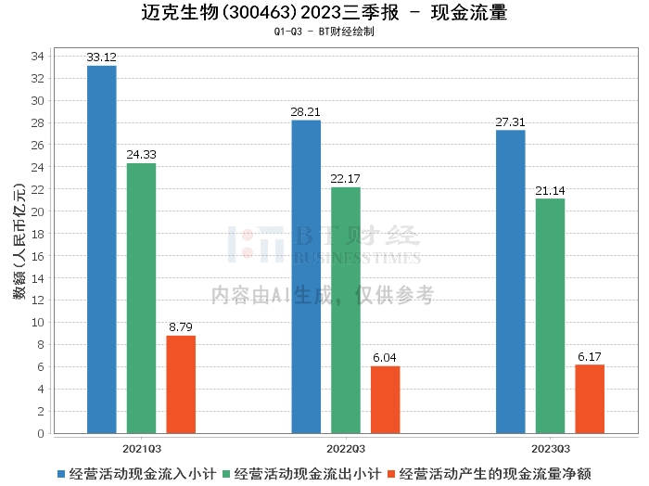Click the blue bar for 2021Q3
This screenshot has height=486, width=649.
101,249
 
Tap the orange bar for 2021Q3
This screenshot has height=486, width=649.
181,385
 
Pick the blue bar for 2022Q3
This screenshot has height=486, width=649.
306,276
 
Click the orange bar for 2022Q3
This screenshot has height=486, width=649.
385,400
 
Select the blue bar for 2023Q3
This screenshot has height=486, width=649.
510,282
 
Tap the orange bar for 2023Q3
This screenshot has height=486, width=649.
590,399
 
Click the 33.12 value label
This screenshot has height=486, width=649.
101,58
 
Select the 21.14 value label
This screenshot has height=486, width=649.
550,191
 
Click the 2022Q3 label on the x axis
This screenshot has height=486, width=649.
345,447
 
